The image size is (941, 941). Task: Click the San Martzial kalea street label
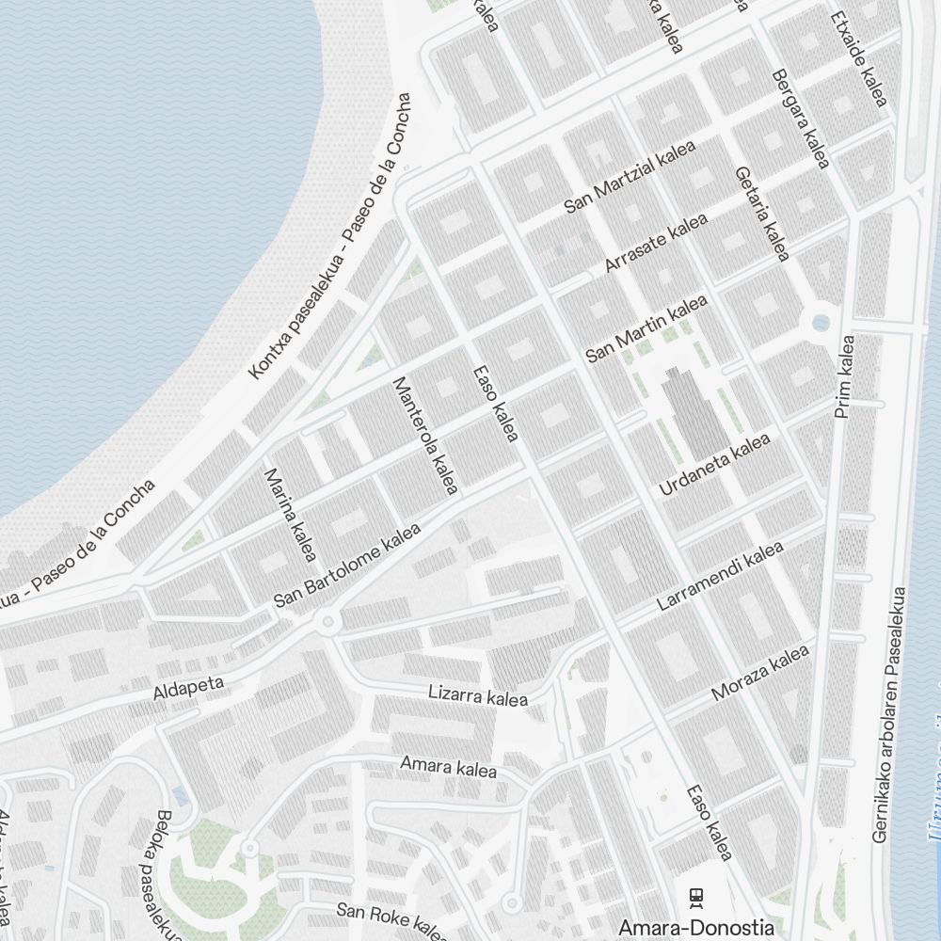(630, 177)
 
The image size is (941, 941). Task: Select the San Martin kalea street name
(646, 328)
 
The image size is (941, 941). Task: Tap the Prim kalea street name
(844, 376)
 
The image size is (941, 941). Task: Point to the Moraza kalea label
(760, 673)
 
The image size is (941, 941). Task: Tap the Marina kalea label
(290, 515)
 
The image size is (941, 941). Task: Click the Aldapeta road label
(188, 688)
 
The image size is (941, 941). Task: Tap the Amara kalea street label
(448, 767)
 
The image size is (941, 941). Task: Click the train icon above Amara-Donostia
(696, 897)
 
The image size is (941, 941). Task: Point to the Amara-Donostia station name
(696, 926)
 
